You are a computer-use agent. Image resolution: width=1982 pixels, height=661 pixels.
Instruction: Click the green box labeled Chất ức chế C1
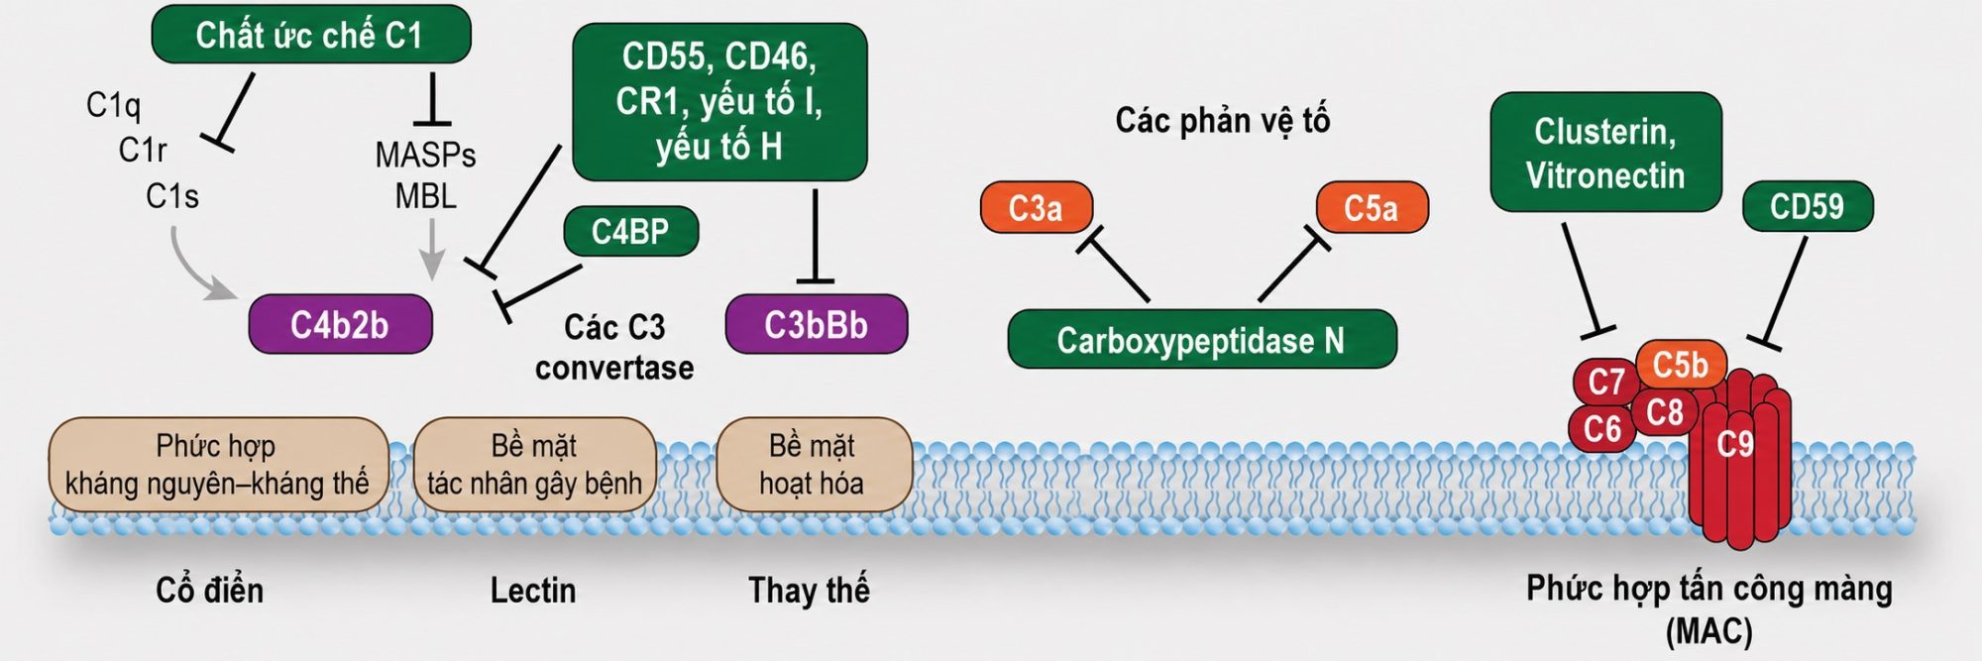(x=310, y=35)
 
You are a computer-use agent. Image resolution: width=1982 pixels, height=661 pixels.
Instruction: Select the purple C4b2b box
(x=340, y=324)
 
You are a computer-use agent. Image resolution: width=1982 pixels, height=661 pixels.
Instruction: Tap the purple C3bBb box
(x=817, y=324)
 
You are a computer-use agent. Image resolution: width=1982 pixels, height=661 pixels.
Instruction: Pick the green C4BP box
(x=630, y=232)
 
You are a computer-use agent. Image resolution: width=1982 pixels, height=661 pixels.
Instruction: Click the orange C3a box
(x=1036, y=207)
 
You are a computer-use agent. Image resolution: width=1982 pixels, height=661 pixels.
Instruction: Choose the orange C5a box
(x=1372, y=207)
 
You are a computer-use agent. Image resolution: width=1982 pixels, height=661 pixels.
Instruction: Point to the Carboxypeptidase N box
(x=1201, y=340)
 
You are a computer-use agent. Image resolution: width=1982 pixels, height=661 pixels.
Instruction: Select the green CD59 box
(x=1808, y=206)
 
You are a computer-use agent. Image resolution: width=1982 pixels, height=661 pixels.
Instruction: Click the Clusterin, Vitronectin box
(x=1605, y=152)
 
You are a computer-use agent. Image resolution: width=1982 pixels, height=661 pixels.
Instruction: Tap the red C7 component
(x=1605, y=382)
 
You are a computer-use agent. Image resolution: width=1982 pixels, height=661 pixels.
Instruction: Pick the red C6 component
(x=1601, y=429)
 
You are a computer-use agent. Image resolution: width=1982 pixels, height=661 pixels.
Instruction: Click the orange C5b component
(x=1681, y=365)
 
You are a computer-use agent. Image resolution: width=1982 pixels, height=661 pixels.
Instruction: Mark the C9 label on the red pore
(x=1735, y=444)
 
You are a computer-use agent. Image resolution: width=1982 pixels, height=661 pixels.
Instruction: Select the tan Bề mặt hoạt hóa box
(x=813, y=465)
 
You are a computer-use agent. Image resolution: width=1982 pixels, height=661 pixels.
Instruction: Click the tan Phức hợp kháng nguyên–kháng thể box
(x=217, y=465)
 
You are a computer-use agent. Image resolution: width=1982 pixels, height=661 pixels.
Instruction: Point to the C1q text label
(x=113, y=104)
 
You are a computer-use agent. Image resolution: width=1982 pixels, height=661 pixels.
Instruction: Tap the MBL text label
(x=426, y=196)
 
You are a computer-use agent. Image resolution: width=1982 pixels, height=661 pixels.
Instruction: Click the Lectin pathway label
(x=533, y=591)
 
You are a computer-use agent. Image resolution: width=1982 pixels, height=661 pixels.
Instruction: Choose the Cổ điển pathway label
(x=210, y=591)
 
